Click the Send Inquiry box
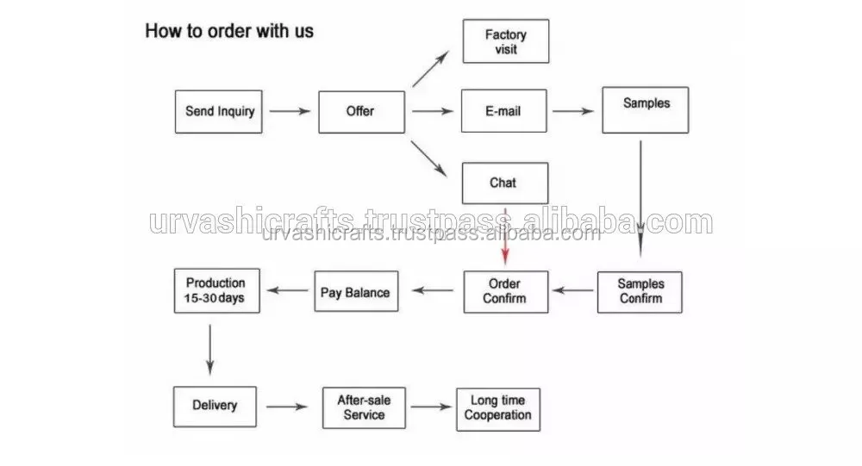click(220, 111)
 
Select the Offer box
click(361, 111)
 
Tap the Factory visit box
click(505, 41)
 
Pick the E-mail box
click(504, 111)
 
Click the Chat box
click(504, 183)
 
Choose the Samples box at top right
click(646, 109)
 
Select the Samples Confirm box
click(640, 291)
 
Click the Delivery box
click(215, 407)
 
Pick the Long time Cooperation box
click(498, 407)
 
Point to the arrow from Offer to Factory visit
click(431, 68)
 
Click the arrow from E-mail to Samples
click(573, 111)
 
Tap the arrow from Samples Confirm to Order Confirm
click(572, 291)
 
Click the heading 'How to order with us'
click(228, 32)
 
